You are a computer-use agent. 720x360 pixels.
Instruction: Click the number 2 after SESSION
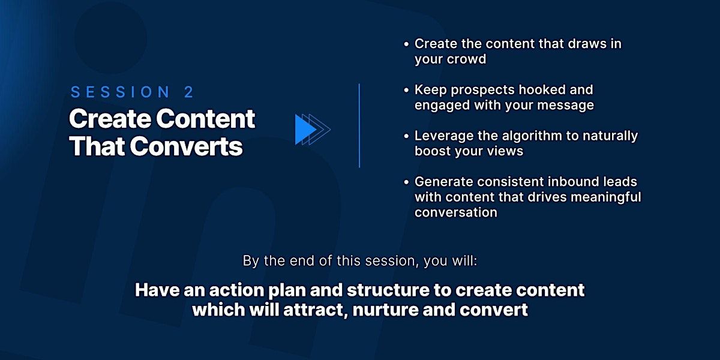pyautogui.click(x=189, y=92)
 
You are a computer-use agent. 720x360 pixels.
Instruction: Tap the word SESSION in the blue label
pyautogui.click(x=120, y=92)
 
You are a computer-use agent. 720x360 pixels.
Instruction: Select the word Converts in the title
pyautogui.click(x=186, y=146)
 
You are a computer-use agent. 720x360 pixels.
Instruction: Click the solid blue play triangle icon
pyautogui.click(x=305, y=130)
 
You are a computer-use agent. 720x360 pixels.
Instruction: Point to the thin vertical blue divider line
pyautogui.click(x=359, y=125)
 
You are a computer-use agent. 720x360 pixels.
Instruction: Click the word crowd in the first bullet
pyautogui.click(x=470, y=59)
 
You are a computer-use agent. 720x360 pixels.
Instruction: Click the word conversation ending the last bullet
pyautogui.click(x=456, y=212)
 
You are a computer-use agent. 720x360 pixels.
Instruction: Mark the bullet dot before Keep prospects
pyautogui.click(x=407, y=90)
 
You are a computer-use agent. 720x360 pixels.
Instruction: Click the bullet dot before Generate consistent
pyautogui.click(x=407, y=182)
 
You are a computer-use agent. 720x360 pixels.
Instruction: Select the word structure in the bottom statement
pyautogui.click(x=388, y=290)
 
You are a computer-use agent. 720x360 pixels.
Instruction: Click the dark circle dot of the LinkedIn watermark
pyautogui.click(x=110, y=38)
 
